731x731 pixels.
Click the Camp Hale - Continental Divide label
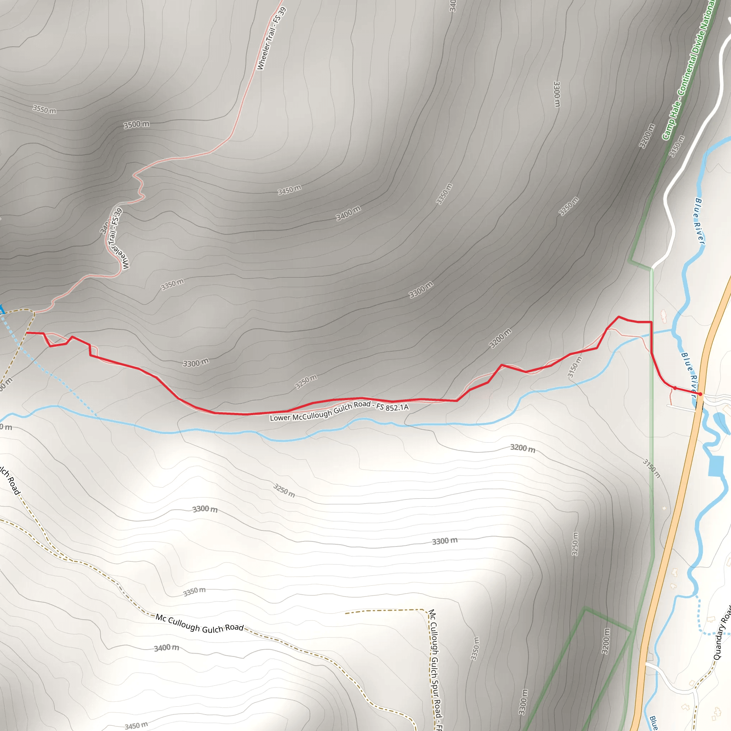pos(689,70)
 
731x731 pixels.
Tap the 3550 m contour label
pos(44,110)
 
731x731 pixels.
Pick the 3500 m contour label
pos(136,125)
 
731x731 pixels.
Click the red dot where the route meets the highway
pos(700,394)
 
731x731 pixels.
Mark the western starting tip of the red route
pos(26,333)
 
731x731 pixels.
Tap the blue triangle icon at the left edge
pos(1,309)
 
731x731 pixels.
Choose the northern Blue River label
pos(700,221)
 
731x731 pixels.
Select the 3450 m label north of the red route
pos(289,190)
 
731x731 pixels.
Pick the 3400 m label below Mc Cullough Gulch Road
pos(166,648)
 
